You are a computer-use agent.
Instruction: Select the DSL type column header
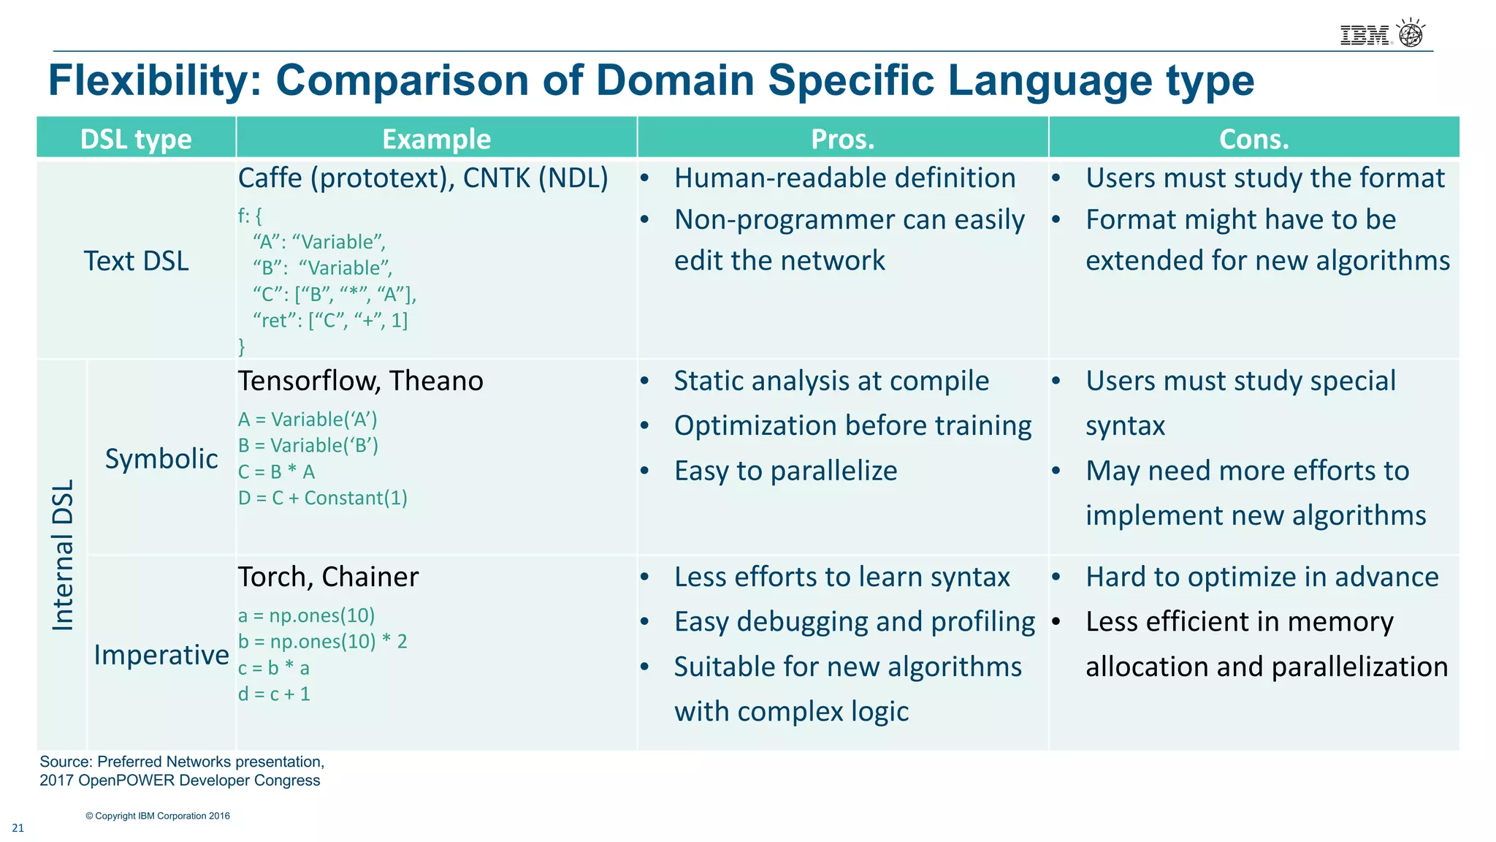pos(136,139)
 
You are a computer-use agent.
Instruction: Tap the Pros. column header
pos(842,139)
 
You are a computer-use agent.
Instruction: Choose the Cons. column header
pos(1253,139)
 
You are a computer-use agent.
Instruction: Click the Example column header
pos(436,139)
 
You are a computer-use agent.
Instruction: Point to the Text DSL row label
pos(136,261)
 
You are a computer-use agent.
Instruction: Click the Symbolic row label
pos(161,459)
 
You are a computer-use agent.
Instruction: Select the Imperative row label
pos(161,655)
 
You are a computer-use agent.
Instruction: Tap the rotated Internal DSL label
pos(64,555)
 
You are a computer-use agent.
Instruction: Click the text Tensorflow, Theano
pos(360,382)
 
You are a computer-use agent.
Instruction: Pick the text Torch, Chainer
pos(328,577)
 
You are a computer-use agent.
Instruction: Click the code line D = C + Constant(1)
pos(322,498)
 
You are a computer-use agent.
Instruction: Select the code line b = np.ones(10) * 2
pos(322,642)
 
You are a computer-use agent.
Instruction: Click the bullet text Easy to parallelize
pos(785,471)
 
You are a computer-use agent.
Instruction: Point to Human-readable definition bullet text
pos(844,178)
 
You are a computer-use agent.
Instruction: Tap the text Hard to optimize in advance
pos(1262,577)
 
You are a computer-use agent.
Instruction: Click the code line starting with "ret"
pos(329,321)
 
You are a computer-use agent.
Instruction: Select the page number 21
pos(18,828)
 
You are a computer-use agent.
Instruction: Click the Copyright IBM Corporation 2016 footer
pos(158,816)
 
